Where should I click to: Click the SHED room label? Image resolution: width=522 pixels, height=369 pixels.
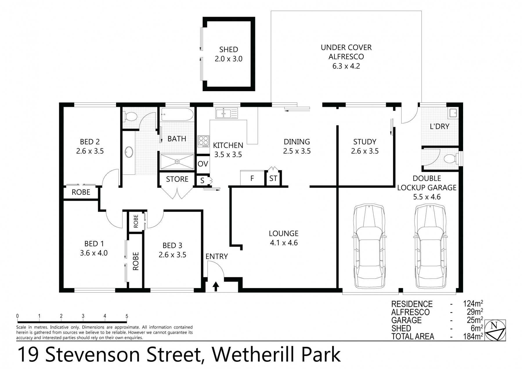[229, 50]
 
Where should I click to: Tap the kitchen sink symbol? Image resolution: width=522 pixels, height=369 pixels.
[226, 113]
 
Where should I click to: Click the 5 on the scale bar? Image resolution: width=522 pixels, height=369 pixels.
[127, 316]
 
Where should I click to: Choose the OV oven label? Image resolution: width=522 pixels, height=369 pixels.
[203, 164]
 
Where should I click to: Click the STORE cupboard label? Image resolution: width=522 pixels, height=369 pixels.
[177, 179]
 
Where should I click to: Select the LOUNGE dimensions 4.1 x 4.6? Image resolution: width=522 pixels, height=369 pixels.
[283, 243]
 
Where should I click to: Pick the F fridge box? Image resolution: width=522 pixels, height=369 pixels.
[252, 178]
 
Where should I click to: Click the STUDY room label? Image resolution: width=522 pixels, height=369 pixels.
[365, 142]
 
